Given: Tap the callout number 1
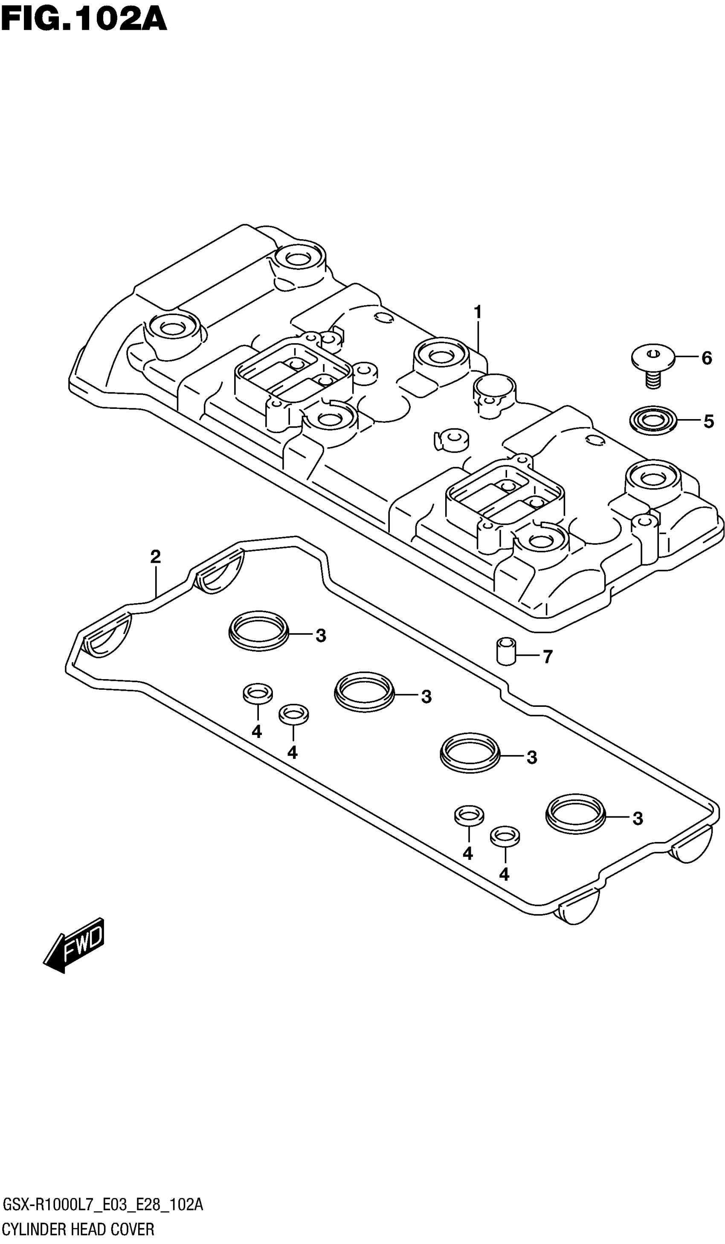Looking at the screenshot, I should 477,312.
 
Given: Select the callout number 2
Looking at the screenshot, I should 155,557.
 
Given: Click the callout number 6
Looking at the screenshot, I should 707,358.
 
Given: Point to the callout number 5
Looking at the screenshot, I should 708,421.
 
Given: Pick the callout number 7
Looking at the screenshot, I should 547,657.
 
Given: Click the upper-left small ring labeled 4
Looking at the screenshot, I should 257,693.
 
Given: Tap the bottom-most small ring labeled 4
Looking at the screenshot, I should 504,836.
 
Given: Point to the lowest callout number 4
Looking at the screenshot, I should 504,874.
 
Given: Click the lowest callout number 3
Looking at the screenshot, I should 638,818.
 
